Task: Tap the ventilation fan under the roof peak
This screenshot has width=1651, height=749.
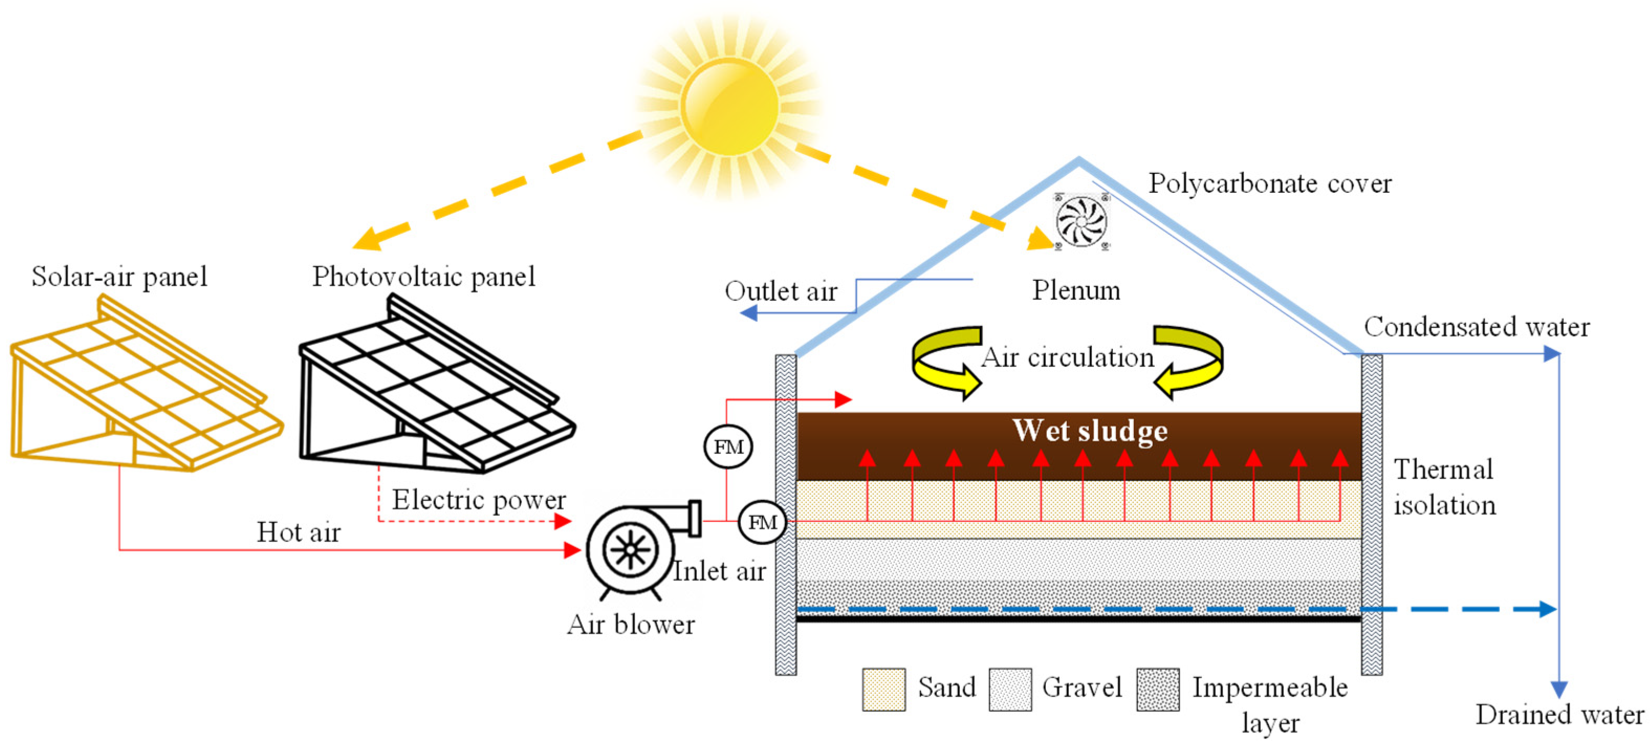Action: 1081,221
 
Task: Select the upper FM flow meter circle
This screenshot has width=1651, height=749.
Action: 728,447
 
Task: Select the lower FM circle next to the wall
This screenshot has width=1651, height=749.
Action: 762,522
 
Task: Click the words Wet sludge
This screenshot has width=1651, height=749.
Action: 1089,431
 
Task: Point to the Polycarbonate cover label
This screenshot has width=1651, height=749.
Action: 1269,184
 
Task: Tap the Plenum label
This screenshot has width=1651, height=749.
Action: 1076,290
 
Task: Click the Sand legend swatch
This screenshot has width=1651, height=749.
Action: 883,689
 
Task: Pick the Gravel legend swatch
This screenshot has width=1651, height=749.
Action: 1010,689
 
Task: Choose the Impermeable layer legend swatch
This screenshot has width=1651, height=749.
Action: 1157,689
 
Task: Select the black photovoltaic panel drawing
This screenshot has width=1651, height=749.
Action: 436,391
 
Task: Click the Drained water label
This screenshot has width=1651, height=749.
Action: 1559,714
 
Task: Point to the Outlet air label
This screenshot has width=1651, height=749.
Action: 781,292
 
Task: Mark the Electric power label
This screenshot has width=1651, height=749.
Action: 479,500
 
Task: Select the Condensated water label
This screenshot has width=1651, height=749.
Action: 1476,327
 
